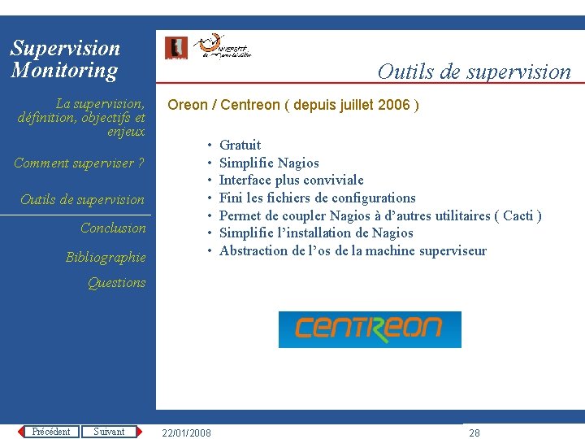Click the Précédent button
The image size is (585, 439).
click(50, 432)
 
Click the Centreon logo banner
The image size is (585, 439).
click(370, 329)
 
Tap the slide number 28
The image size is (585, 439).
click(474, 433)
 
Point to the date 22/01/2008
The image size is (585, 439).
click(186, 433)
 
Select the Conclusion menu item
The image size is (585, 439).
click(113, 228)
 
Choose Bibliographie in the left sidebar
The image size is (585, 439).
click(106, 258)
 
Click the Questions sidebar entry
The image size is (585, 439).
click(117, 283)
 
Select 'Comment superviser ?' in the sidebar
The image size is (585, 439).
click(79, 163)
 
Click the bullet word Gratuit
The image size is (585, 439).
click(240, 146)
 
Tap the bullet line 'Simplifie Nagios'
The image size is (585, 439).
click(269, 163)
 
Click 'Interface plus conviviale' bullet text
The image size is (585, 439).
click(291, 180)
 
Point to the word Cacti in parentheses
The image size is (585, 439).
click(518, 215)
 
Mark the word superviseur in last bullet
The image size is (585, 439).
click(453, 250)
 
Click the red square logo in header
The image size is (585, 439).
click(175, 48)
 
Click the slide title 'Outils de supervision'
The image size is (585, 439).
click(474, 72)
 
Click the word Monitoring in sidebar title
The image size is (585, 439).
click(64, 71)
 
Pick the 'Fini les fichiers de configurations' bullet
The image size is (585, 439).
click(317, 198)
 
